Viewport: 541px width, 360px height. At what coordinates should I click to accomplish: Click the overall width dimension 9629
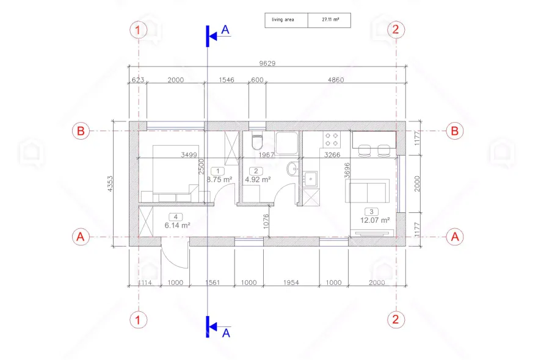pyautogui.click(x=267, y=63)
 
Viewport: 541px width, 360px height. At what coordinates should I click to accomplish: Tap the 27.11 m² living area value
pyautogui.click(x=330, y=20)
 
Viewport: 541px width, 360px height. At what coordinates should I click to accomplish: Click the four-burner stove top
pyautogui.click(x=332, y=139)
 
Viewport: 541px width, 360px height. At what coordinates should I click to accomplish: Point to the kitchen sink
pyautogui.click(x=311, y=179)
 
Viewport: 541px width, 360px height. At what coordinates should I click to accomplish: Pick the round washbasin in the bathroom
pyautogui.click(x=292, y=169)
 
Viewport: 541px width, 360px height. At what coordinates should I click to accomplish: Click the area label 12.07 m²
pyautogui.click(x=375, y=220)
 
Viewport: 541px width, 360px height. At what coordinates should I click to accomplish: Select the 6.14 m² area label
pyautogui.click(x=177, y=225)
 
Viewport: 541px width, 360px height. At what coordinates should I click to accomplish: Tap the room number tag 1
pyautogui.click(x=218, y=171)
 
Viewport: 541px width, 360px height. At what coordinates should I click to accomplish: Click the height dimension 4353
pyautogui.click(x=110, y=184)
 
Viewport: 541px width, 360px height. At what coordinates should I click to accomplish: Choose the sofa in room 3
pyautogui.click(x=367, y=191)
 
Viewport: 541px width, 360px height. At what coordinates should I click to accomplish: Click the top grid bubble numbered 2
pyautogui.click(x=396, y=30)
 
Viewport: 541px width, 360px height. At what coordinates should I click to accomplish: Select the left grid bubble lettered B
pyautogui.click(x=81, y=131)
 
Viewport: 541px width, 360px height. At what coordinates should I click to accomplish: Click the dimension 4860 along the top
pyautogui.click(x=336, y=80)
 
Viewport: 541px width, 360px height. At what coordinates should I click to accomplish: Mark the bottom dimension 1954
pyautogui.click(x=291, y=283)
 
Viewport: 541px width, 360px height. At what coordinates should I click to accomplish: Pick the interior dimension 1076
pyautogui.click(x=266, y=221)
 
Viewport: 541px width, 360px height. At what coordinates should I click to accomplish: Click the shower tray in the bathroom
pyautogui.click(x=286, y=143)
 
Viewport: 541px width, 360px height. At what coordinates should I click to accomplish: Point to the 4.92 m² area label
pyautogui.click(x=258, y=179)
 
